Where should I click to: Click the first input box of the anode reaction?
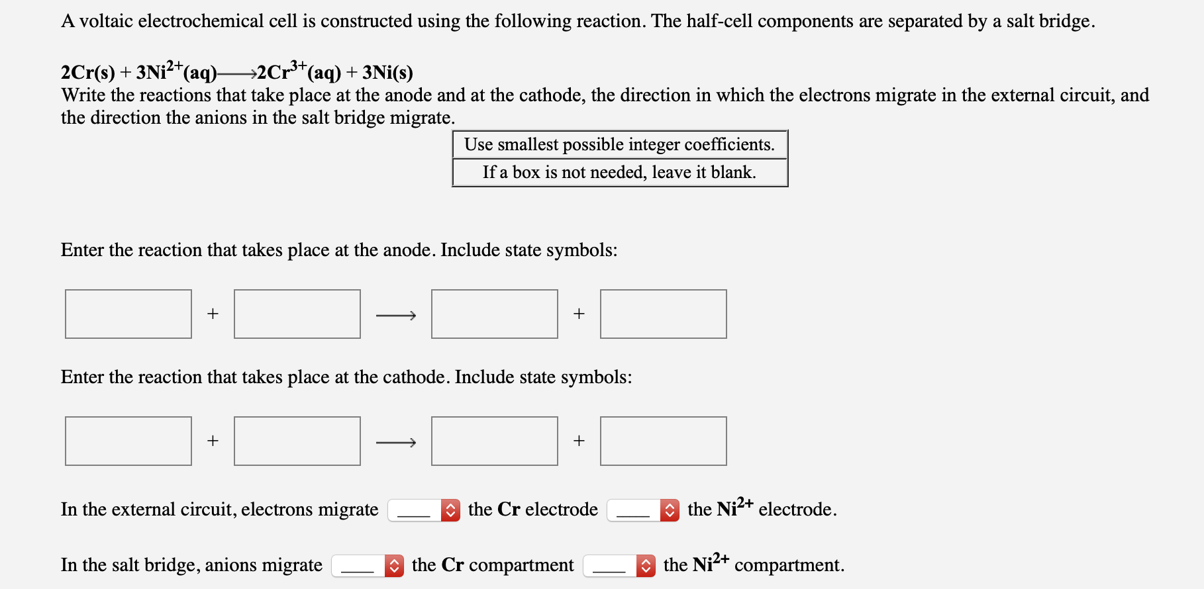[x=128, y=314]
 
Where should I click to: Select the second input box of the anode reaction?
[x=297, y=314]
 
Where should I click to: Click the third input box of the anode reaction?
[x=495, y=314]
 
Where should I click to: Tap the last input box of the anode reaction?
[x=664, y=314]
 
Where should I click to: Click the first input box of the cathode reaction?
[x=128, y=441]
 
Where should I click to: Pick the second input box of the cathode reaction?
[x=297, y=441]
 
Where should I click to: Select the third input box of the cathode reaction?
[x=495, y=441]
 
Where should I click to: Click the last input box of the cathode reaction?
[x=664, y=441]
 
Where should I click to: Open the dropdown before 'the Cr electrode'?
[x=424, y=510]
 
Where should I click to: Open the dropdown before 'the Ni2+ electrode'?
[x=643, y=510]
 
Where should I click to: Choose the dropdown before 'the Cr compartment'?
[x=368, y=566]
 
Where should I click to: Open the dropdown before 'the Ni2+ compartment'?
[x=619, y=566]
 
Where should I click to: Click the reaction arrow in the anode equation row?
[x=396, y=316]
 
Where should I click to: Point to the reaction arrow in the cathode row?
[x=396, y=442]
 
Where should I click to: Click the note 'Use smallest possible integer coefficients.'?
[x=619, y=144]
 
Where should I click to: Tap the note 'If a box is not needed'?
[x=619, y=172]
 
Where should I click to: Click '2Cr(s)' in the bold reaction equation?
[x=87, y=72]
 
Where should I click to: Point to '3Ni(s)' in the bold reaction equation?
[x=387, y=72]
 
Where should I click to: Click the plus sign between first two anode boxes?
[x=213, y=314]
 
